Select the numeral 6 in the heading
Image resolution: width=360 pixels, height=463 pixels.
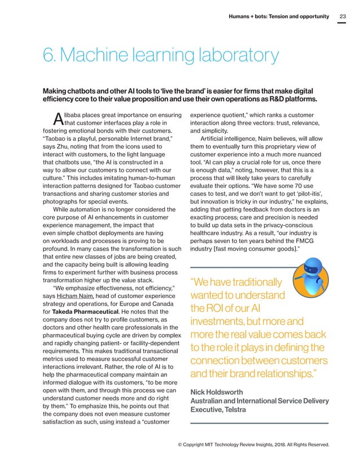tap(49, 55)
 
